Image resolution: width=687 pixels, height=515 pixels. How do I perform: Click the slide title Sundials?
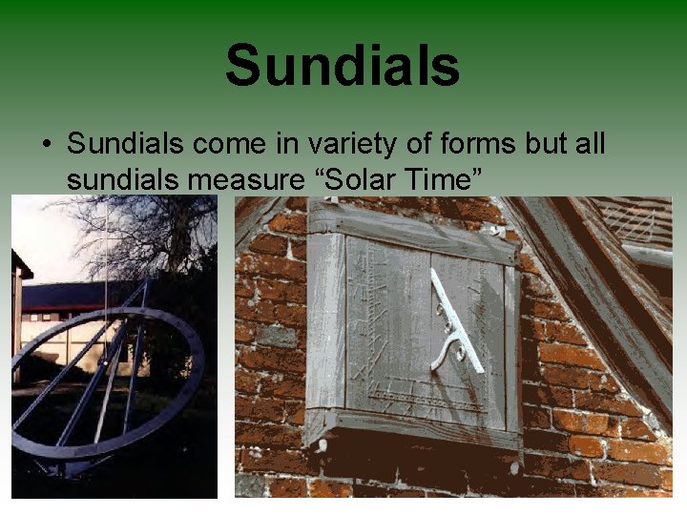(x=343, y=65)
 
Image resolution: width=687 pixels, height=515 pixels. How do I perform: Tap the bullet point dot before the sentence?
(x=46, y=146)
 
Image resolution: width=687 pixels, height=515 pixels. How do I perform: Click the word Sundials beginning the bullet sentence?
(x=126, y=144)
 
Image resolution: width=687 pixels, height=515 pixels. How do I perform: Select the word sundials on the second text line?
(x=126, y=178)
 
